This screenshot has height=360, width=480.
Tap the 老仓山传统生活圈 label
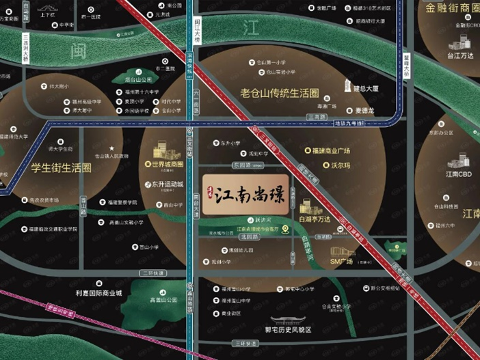(x=280, y=92)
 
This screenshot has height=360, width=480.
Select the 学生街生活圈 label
(x=62, y=167)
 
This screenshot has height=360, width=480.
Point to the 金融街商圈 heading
(x=452, y=8)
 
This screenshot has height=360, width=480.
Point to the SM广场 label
(x=341, y=262)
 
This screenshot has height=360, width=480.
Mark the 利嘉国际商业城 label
(x=98, y=293)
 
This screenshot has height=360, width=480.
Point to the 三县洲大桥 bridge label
(x=25, y=49)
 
